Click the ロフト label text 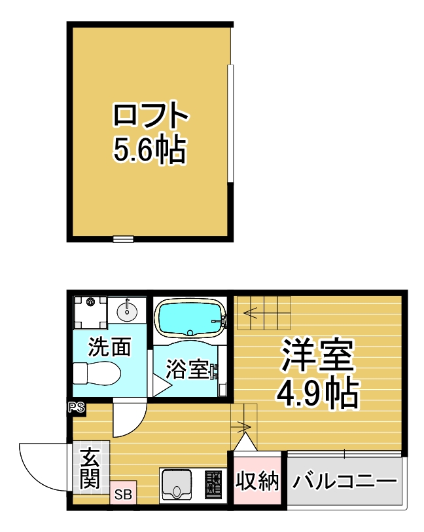150,115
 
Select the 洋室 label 317,354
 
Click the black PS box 77,407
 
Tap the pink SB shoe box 123,494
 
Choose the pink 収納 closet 257,481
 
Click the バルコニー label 344,481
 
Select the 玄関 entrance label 90,468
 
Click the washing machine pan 90,312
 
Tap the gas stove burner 213,482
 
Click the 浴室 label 186,369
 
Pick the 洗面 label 109,347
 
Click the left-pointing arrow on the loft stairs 253,313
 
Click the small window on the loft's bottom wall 123,239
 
